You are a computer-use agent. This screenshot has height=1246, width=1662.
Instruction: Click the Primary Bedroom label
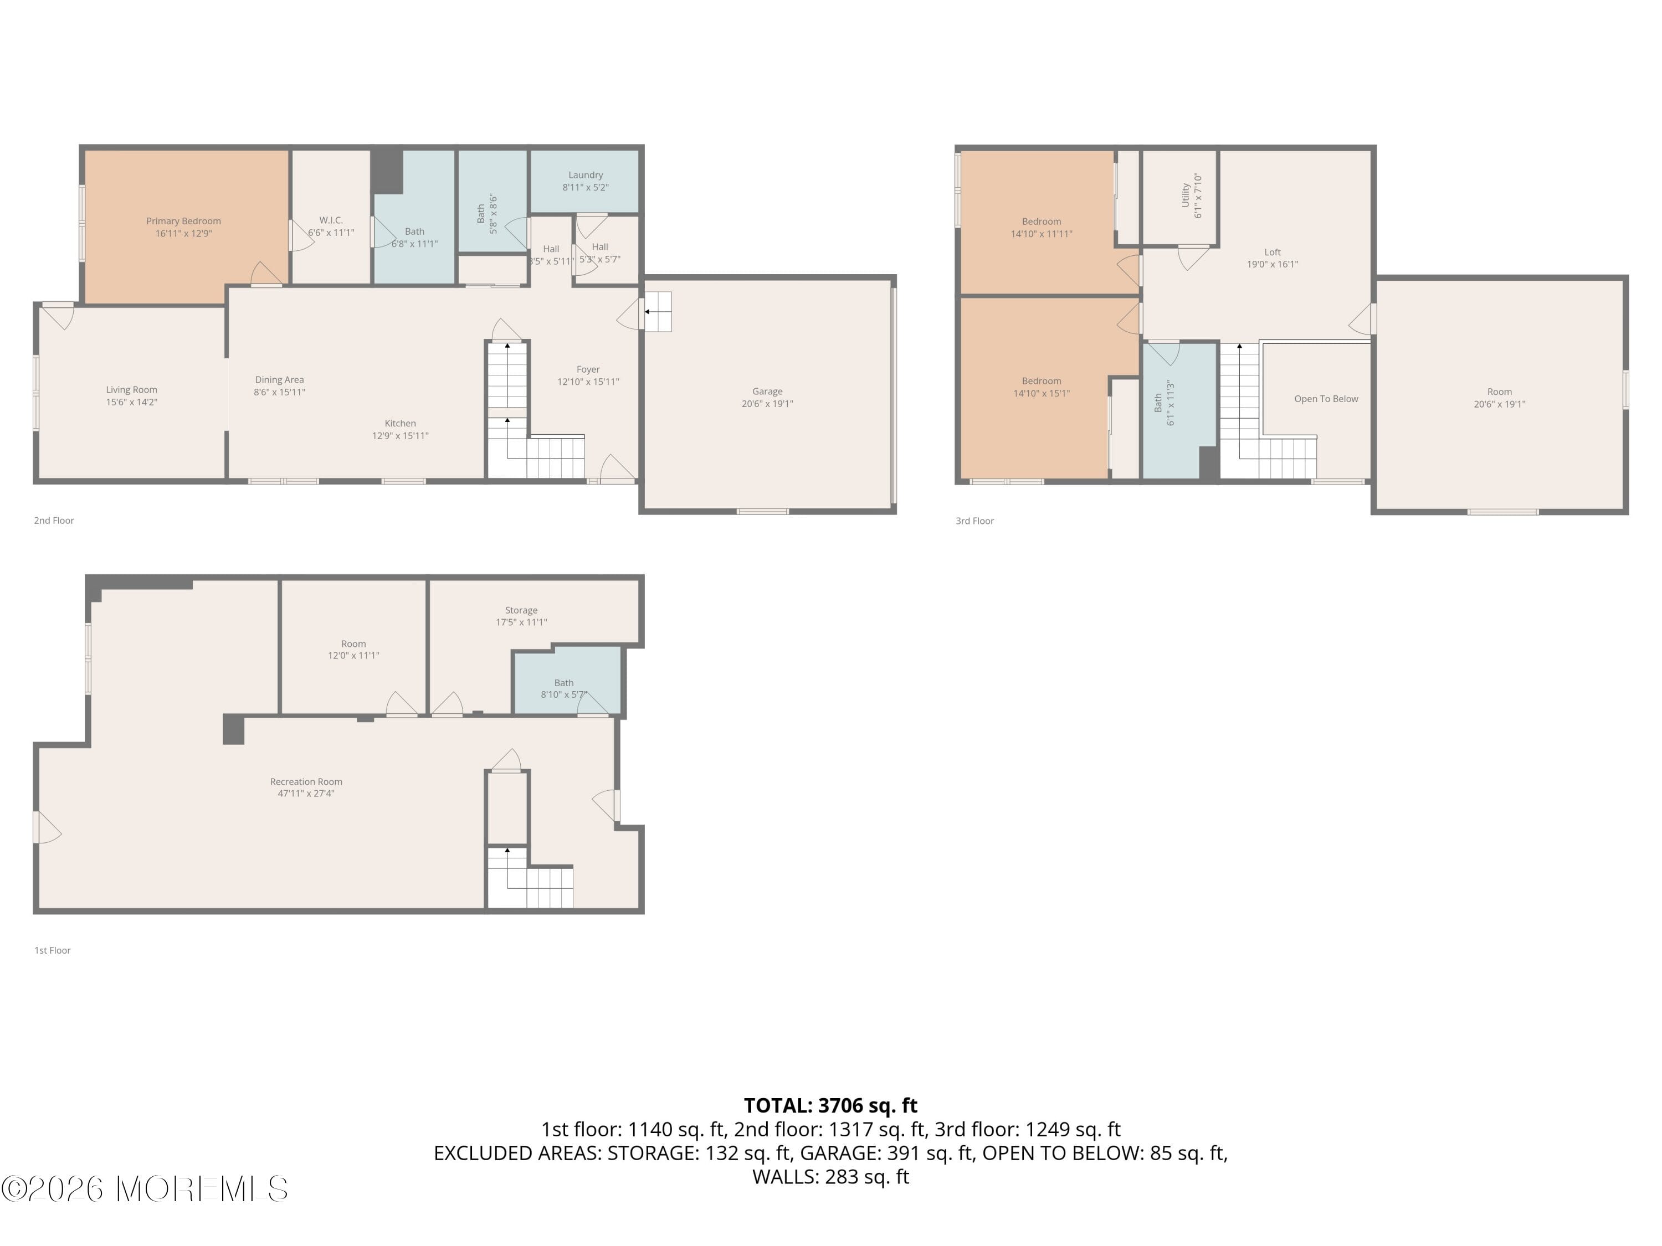183,221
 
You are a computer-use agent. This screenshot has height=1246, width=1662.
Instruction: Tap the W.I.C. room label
331,220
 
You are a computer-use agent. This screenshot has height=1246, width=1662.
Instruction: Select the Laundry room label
586,175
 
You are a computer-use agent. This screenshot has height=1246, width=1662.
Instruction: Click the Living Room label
131,390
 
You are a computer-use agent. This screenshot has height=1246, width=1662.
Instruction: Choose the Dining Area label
279,380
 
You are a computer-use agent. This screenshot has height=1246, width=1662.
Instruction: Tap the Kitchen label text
400,424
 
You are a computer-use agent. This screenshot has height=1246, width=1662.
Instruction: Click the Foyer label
588,369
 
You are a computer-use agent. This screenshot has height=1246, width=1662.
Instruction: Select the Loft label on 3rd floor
1272,253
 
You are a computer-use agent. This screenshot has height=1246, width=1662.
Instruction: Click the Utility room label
1185,195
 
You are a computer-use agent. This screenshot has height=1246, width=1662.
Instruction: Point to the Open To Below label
1325,399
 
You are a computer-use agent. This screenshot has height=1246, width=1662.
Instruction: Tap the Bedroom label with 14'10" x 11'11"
1040,222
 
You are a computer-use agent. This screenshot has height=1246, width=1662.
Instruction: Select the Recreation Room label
306,782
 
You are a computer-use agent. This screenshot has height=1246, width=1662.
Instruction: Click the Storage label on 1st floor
521,611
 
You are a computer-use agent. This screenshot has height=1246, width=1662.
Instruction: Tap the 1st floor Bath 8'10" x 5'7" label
563,683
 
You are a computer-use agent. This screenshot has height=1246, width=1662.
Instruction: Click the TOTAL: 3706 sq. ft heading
830,1105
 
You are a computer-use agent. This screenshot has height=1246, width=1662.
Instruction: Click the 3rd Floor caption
974,521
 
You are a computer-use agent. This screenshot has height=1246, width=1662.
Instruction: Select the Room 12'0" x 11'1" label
353,643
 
